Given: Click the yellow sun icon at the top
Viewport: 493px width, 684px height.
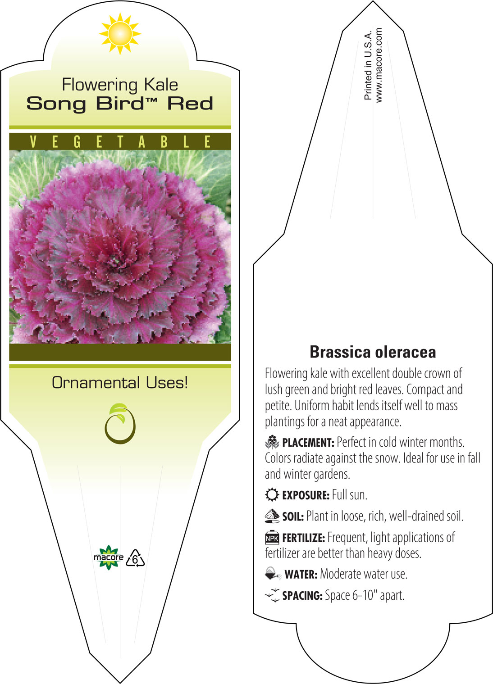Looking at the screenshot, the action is coord(120,34).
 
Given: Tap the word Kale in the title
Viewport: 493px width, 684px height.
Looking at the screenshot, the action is coord(161,85).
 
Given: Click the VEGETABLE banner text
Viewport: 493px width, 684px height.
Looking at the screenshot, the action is coord(120,142).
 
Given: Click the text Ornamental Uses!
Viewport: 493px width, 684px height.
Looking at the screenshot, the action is coord(120,383).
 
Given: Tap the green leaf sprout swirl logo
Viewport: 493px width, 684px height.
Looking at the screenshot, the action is coord(120,424).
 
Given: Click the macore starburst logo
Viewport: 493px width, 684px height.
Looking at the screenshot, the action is coord(109,557).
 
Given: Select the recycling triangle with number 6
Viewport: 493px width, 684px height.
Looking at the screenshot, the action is coord(135,558).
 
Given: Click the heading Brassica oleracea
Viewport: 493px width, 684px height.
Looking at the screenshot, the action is coord(373,352).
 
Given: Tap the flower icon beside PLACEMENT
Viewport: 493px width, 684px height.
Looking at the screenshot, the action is coord(272,442).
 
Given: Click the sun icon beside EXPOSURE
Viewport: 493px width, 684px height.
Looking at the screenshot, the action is coord(272,495).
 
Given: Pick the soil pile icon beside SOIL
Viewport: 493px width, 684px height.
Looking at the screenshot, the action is coord(272,516).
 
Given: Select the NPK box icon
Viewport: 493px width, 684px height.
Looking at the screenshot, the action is coord(272,538).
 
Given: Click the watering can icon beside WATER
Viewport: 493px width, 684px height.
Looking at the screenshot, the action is coord(273,574).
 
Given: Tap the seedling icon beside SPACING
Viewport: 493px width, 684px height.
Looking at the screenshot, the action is coord(272,595).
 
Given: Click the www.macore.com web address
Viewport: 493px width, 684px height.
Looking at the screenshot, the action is coord(379,65).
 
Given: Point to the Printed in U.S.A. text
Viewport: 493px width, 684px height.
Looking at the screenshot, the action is coord(368,65).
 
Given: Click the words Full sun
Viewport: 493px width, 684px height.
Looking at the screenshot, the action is coord(349,495).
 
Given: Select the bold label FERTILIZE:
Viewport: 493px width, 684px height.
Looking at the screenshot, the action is coord(303,538).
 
